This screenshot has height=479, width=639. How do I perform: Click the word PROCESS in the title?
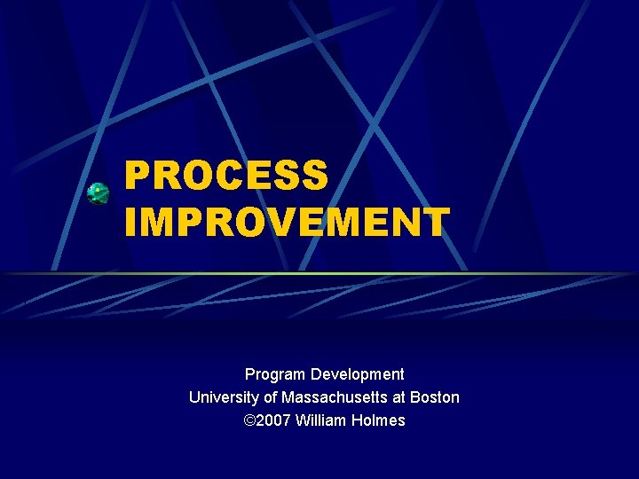(x=226, y=175)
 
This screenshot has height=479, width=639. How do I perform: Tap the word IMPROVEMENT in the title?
(x=287, y=222)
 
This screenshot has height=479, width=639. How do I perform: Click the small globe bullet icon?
(x=99, y=193)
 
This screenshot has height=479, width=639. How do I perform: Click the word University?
(x=222, y=397)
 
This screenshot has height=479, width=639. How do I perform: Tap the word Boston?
(x=435, y=397)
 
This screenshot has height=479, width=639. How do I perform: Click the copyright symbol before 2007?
(x=249, y=420)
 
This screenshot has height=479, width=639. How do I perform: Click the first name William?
(x=324, y=420)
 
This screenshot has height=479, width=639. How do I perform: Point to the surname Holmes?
(x=380, y=420)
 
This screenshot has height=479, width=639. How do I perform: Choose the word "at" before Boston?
(x=398, y=397)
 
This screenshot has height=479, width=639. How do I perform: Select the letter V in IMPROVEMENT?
(x=274, y=222)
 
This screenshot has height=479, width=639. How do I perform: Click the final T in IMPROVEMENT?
(x=436, y=222)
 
